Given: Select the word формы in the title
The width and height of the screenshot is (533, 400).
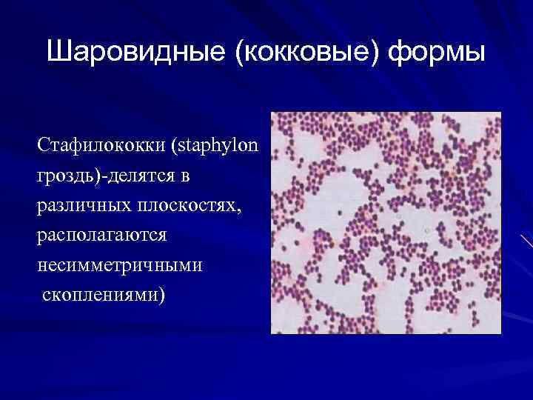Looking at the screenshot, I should point(437,54).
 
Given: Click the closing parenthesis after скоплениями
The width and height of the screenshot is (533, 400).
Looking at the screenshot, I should point(163,296).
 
